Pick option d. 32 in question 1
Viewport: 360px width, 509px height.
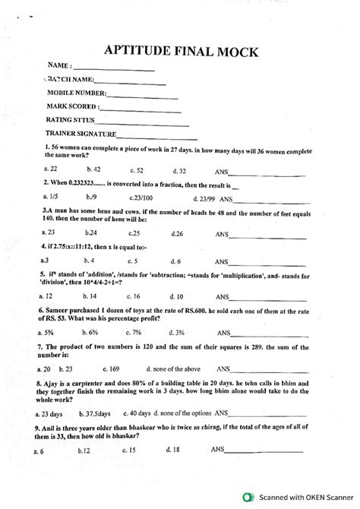[179, 170]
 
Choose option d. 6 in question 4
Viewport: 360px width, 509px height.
[175, 259]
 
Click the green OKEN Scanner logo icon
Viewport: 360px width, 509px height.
[247, 498]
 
